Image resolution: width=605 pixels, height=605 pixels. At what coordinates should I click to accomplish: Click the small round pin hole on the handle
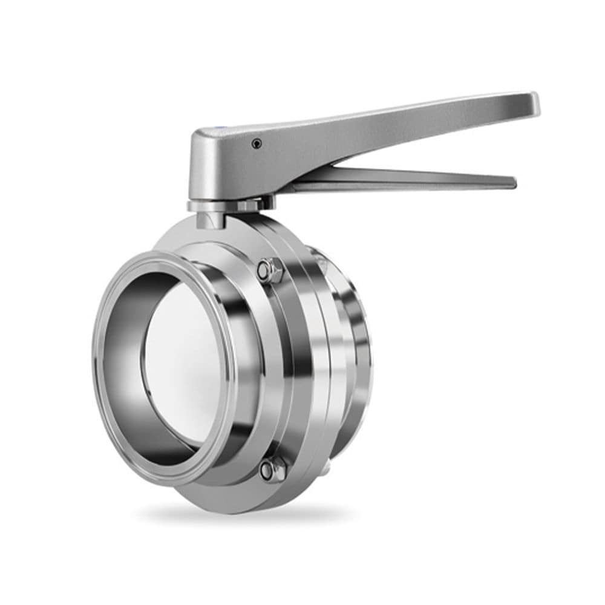pos(257,143)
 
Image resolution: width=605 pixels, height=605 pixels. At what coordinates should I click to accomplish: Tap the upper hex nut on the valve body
pos(270,270)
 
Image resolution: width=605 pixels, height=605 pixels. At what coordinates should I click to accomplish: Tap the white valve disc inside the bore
pos(181,363)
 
